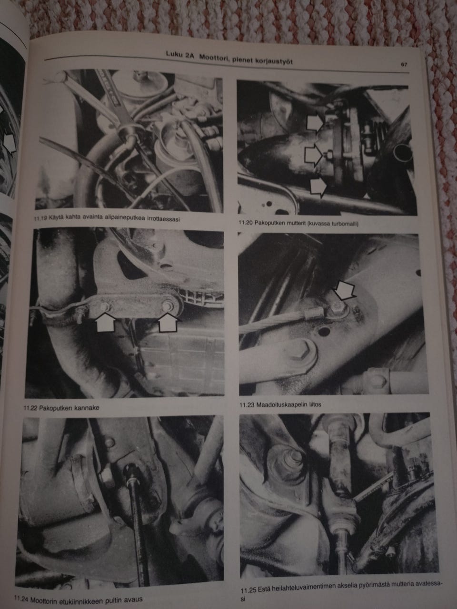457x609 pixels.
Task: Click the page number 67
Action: click(404, 64)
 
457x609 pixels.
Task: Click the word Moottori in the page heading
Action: click(213, 58)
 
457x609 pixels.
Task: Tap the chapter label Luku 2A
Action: click(180, 54)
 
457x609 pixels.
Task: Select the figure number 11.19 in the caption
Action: click(40, 218)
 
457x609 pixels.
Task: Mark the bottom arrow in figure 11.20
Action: click(318, 187)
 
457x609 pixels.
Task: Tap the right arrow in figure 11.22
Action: click(169, 322)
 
